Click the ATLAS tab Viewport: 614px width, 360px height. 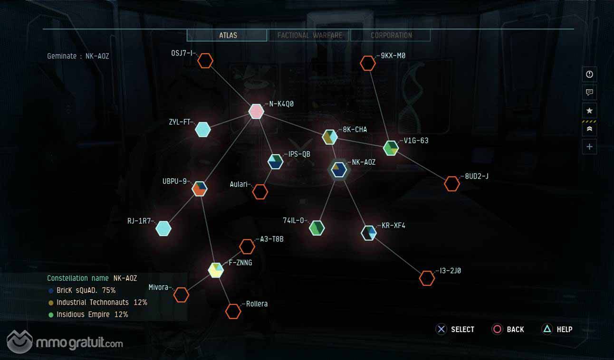(x=227, y=35)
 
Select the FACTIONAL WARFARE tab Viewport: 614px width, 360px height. (x=309, y=35)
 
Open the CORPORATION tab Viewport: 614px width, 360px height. (x=391, y=35)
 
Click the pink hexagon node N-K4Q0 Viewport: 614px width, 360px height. (x=256, y=112)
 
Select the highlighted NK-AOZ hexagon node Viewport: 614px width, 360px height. (x=339, y=170)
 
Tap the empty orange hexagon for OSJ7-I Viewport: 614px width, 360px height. (x=205, y=60)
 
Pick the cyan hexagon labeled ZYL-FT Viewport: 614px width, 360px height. (x=203, y=130)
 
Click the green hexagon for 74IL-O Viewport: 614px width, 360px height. (x=317, y=228)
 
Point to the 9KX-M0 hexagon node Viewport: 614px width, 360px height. (x=368, y=63)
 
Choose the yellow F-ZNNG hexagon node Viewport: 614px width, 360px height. (x=216, y=270)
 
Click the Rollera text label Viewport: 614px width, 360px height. (x=257, y=304)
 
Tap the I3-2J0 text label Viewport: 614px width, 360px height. (x=451, y=271)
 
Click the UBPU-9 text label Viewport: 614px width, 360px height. (x=174, y=181)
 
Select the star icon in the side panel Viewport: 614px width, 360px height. (x=589, y=110)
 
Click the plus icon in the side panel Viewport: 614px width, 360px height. (x=589, y=147)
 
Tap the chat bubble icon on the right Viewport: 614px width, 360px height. (x=589, y=92)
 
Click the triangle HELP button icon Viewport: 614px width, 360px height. (x=547, y=329)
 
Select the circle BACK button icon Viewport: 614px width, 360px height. (x=497, y=329)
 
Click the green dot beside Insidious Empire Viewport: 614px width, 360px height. (x=51, y=315)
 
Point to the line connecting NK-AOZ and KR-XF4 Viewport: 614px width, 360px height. (x=354, y=201)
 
